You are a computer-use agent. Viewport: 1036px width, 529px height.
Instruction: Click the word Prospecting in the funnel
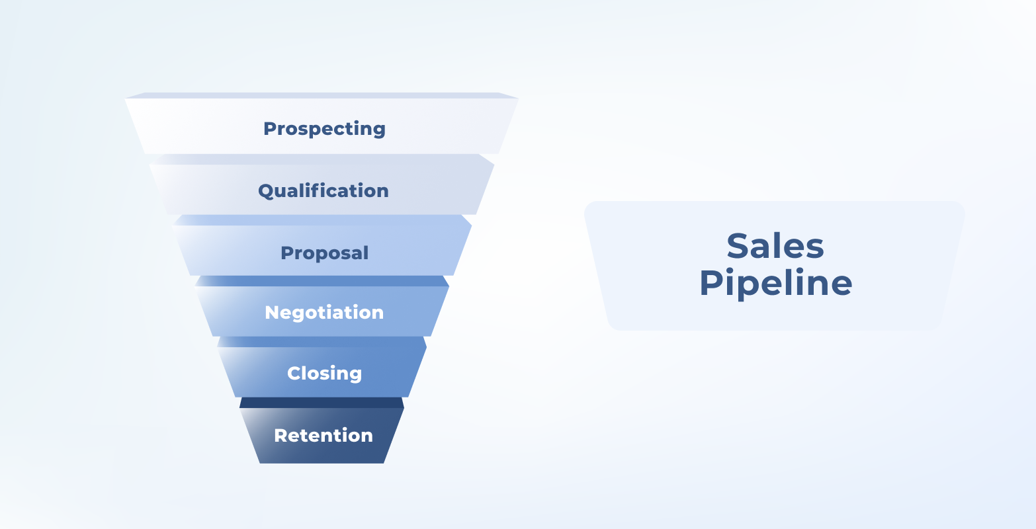pos(324,128)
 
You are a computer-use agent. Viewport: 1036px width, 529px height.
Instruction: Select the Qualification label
pos(324,191)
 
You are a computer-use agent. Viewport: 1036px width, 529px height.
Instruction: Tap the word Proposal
pos(324,253)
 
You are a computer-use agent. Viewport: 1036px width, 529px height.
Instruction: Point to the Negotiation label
pos(324,312)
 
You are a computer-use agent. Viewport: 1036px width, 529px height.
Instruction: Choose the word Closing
pos(324,373)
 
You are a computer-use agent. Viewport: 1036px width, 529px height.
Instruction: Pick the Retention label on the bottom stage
pos(324,435)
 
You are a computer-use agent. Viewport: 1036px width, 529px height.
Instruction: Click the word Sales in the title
pos(775,246)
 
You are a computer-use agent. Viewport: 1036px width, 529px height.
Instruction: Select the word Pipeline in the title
pos(775,283)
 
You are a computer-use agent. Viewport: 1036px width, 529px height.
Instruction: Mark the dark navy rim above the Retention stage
pos(322,402)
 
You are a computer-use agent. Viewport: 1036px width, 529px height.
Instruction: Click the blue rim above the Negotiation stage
pos(322,281)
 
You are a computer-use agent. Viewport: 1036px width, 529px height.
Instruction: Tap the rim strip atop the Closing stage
pos(322,342)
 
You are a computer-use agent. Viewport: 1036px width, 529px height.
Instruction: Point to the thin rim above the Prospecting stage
pos(322,95)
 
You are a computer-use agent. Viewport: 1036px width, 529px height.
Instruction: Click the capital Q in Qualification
pos(265,191)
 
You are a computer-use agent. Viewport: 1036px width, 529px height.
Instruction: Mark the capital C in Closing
pos(294,373)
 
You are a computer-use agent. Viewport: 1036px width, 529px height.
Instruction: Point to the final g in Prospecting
pos(379,130)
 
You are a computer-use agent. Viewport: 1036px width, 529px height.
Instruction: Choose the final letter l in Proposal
pos(366,252)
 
